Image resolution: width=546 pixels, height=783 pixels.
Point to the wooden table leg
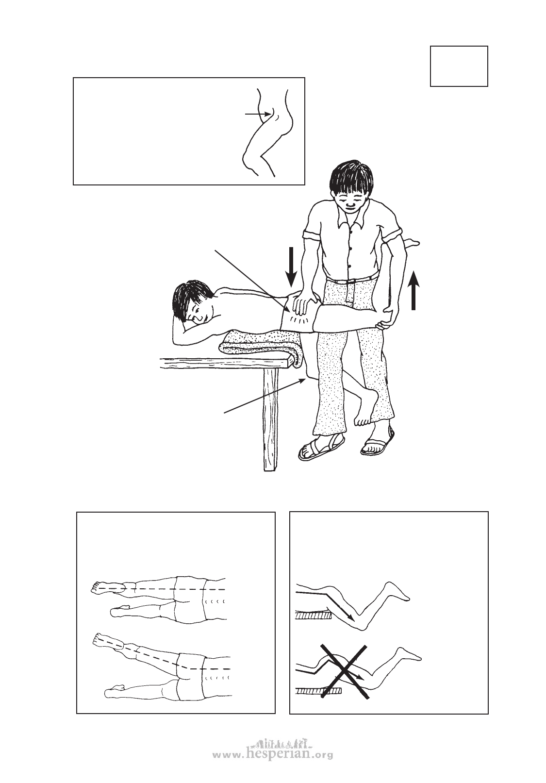[270, 419]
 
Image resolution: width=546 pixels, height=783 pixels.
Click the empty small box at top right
[459, 66]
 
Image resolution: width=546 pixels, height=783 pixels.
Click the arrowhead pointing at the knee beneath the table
[302, 380]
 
